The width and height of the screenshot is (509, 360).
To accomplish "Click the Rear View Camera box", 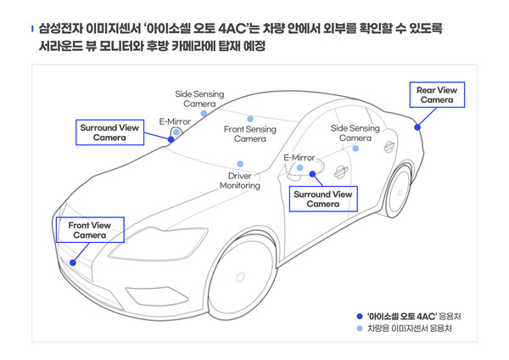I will pos(437,94).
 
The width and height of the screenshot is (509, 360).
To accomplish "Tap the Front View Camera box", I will pos(89,229).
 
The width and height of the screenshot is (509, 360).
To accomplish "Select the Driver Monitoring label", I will pos(240,180).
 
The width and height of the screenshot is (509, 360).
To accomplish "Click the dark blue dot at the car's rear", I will pos(417,127).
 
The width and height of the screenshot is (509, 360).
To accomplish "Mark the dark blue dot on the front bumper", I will pos(73,263).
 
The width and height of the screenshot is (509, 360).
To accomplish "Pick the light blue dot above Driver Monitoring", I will pos(240,163).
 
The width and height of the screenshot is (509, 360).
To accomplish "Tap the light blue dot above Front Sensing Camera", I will pos(250,118).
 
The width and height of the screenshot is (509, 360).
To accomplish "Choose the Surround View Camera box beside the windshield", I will pos(109,132).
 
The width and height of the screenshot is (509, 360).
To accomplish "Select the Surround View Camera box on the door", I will pos(322,199).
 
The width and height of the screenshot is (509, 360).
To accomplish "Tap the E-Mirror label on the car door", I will pos(299,158).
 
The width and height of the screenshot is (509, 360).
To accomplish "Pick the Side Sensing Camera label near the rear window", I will pos(355,132).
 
